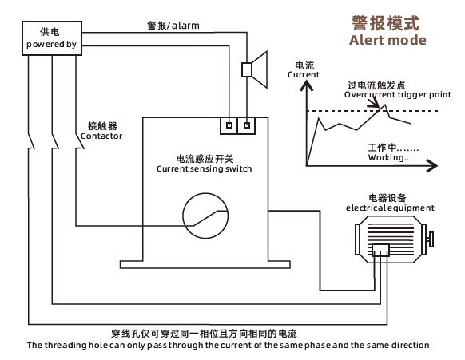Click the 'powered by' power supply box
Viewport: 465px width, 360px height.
pyautogui.click(x=52, y=38)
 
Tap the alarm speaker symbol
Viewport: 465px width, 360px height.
pyautogui.click(x=254, y=70)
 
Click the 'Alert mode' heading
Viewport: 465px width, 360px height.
pyautogui.click(x=387, y=40)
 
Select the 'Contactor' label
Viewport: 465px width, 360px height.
pyautogui.click(x=101, y=136)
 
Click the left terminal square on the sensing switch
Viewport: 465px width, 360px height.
pyautogui.click(x=229, y=125)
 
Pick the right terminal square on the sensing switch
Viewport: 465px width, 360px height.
pyautogui.click(x=247, y=125)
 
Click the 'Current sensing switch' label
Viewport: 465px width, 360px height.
pyautogui.click(x=204, y=168)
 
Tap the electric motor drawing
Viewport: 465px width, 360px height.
pyautogui.click(x=394, y=239)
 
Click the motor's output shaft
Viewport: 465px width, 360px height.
pyautogui.click(x=431, y=239)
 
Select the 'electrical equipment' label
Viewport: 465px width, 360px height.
pyautogui.click(x=390, y=208)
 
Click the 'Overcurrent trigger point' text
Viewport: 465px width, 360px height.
pyautogui.click(x=397, y=94)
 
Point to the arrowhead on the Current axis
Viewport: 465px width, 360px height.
pyautogui.click(x=307, y=86)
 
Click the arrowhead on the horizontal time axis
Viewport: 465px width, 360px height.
pyautogui.click(x=432, y=165)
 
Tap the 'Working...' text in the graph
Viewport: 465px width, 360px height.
pyautogui.click(x=390, y=157)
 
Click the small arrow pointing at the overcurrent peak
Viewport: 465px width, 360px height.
pyautogui.click(x=373, y=101)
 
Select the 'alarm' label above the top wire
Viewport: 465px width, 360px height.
pyautogui.click(x=185, y=26)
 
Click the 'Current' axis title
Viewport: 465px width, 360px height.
pyautogui.click(x=304, y=74)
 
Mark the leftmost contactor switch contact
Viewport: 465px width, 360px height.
pyautogui.click(x=31, y=141)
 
